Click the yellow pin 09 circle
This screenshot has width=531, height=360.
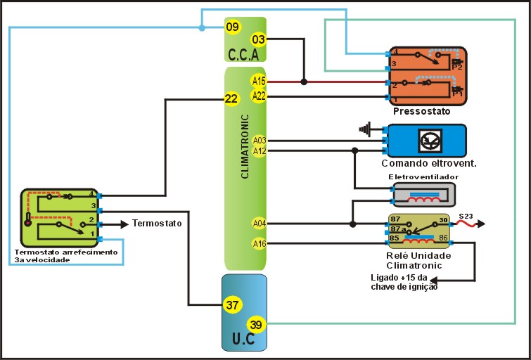pyautogui.click(x=233, y=27)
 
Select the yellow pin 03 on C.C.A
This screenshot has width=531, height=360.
pyautogui.click(x=259, y=39)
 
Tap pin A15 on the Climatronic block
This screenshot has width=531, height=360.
pyautogui.click(x=259, y=82)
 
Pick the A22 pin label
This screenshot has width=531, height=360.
pyautogui.click(x=259, y=96)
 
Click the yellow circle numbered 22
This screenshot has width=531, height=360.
pyautogui.click(x=231, y=99)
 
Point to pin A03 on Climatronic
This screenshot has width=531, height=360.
pyautogui.click(x=260, y=140)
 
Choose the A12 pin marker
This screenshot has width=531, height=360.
pyautogui.click(x=260, y=150)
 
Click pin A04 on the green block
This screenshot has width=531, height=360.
pyautogui.click(x=260, y=224)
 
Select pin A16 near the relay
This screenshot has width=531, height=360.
pyautogui.click(x=260, y=243)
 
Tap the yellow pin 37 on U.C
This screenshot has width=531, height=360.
pyautogui.click(x=232, y=304)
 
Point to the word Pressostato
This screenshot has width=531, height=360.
pyautogui.click(x=422, y=111)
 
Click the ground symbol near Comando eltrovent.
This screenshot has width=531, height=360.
pyautogui.click(x=364, y=129)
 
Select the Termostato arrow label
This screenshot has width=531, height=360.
pyautogui.click(x=158, y=224)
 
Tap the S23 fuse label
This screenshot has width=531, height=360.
pyautogui.click(x=466, y=216)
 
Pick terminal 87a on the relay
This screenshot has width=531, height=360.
pyautogui.click(x=399, y=229)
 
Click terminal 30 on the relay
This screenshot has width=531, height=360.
pyautogui.click(x=442, y=220)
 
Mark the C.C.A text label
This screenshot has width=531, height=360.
pyautogui.click(x=243, y=54)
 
